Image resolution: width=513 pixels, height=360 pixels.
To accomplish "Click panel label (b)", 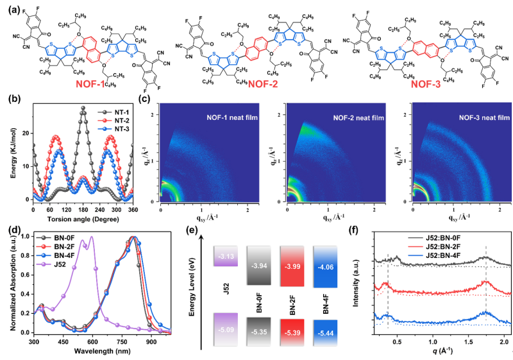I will pyautogui.click(x=8, y=100).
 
